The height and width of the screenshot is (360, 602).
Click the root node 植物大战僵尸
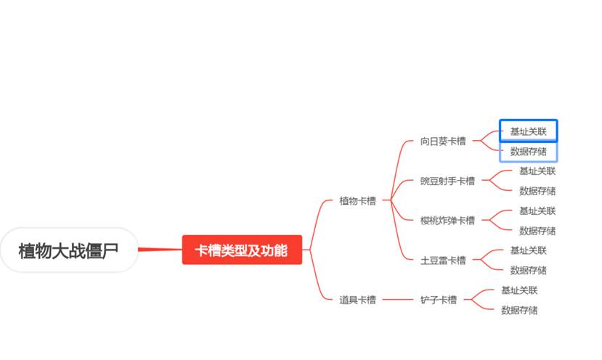[x=68, y=250]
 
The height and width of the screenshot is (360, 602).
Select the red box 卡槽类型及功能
[x=241, y=250]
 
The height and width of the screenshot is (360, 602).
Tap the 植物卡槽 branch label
[x=357, y=200]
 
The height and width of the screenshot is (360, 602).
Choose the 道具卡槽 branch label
[x=357, y=300]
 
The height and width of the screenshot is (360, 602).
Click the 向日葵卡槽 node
[x=443, y=141]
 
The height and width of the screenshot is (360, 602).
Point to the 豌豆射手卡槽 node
[x=447, y=181]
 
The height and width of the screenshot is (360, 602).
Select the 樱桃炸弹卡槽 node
[x=447, y=221]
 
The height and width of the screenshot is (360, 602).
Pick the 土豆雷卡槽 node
[x=443, y=260]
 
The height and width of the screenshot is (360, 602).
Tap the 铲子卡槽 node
[x=439, y=300]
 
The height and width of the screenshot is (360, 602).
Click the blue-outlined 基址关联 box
[x=528, y=131]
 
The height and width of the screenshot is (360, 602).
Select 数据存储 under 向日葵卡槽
[x=528, y=152]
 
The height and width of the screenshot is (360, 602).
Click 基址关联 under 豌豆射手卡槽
[x=537, y=171]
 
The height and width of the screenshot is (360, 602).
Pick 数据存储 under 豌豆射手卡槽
[x=537, y=191]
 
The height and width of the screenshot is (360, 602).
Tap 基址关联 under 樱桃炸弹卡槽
[x=537, y=211]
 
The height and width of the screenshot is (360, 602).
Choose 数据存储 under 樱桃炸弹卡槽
[x=537, y=231]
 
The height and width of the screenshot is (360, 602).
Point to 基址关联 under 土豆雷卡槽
[x=528, y=250]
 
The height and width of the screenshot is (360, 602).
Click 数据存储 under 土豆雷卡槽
[x=528, y=270]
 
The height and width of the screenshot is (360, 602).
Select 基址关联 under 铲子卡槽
[x=519, y=290]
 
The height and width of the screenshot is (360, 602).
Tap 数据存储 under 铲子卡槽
[x=519, y=310]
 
